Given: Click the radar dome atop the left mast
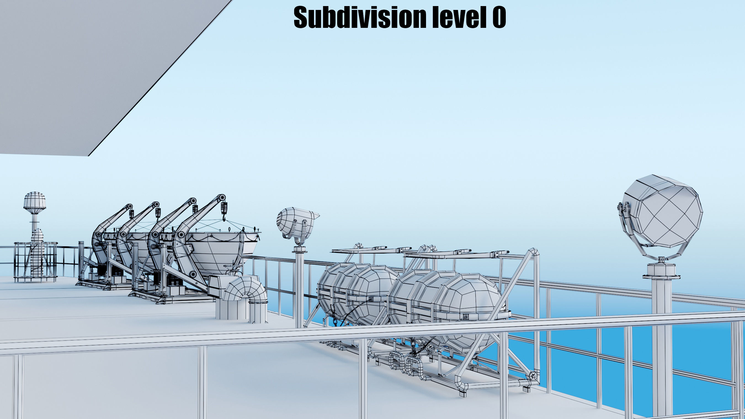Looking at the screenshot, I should coord(34,200).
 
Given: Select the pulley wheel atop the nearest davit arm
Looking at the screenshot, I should coord(222,198).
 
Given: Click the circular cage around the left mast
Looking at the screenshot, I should coord(35,262).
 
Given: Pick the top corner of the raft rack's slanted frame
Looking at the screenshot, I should coord(534,252).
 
